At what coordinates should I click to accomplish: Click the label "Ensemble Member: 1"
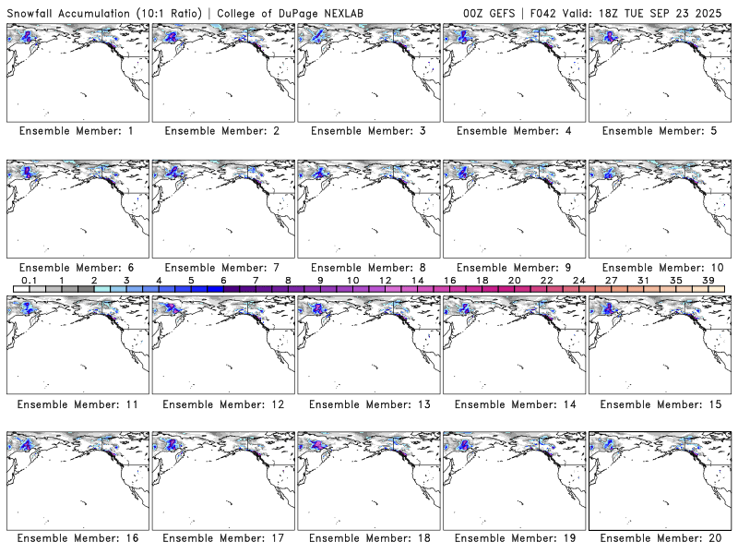(x=77, y=131)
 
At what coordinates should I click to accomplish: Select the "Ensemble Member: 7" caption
(x=222, y=268)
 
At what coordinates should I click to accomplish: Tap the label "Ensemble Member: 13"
(x=368, y=404)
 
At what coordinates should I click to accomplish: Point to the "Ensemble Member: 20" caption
(x=660, y=538)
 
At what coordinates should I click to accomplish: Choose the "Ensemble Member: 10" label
(x=660, y=268)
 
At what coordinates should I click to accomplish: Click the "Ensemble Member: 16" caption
(x=77, y=538)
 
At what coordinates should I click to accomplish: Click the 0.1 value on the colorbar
(x=29, y=280)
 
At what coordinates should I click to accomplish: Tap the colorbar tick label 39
(x=708, y=280)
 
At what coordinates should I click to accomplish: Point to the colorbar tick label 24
(x=578, y=280)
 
